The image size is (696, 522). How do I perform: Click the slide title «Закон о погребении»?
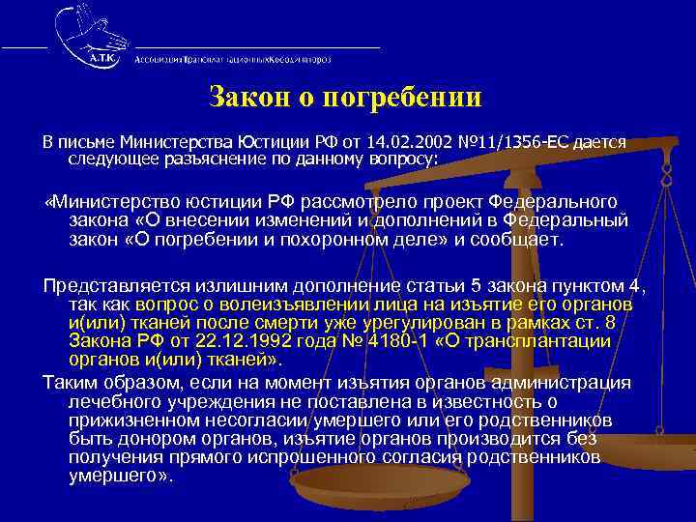[345, 99]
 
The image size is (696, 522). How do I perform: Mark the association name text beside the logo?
[232, 58]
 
